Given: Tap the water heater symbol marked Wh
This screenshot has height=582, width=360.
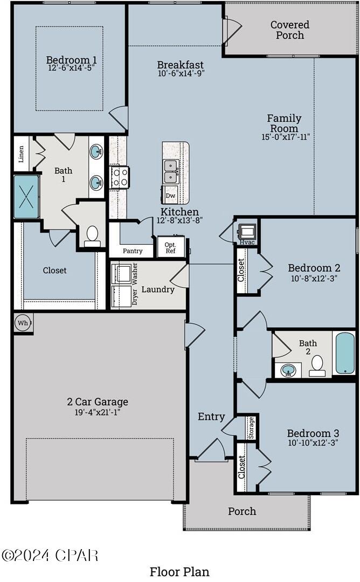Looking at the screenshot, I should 23,323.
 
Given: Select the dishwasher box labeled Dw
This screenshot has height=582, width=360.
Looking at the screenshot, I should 170,196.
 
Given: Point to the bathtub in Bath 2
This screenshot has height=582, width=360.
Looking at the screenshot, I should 345,353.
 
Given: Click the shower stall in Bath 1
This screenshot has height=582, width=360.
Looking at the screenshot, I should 26,197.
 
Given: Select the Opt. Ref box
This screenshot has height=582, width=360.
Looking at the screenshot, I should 170,247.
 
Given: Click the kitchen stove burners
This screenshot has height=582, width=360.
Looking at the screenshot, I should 119,177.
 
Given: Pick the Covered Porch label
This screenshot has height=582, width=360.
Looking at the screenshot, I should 290,30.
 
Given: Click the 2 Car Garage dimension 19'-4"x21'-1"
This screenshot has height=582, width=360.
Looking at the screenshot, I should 98,412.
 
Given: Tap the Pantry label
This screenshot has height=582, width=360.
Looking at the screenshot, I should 133,251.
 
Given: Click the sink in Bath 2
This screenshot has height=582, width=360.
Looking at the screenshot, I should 288,370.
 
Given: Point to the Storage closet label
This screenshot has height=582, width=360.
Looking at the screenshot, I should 251,427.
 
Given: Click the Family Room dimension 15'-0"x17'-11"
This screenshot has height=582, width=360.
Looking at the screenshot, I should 284,137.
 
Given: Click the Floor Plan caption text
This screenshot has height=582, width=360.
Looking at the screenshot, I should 179,571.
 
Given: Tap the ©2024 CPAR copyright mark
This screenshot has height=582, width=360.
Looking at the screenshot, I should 50,555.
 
